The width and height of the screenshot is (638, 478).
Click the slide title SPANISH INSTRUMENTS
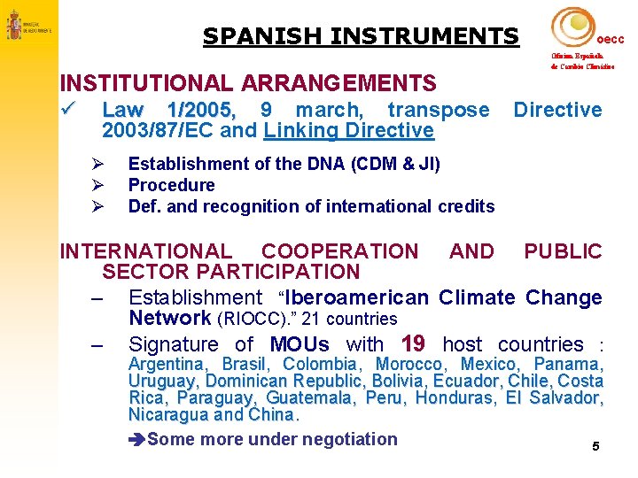point(360,36)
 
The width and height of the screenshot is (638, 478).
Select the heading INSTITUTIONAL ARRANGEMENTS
point(247,84)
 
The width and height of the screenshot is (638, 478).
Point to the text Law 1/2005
point(169,110)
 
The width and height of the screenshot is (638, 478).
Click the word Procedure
point(171,185)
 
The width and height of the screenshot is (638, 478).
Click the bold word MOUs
point(300,344)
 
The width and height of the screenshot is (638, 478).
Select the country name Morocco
point(411,364)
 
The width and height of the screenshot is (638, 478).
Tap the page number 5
point(595,447)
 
